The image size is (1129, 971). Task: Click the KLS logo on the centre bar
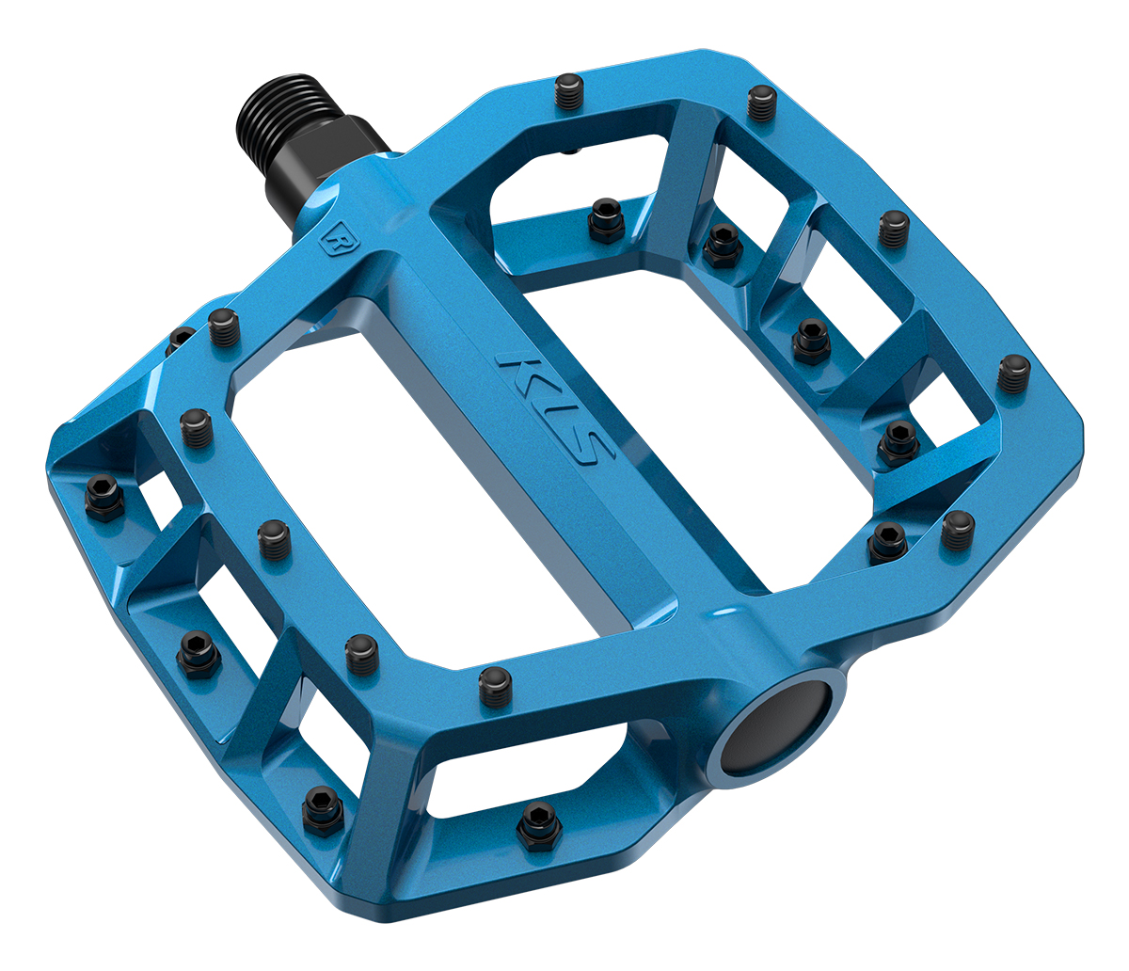tap(555, 409)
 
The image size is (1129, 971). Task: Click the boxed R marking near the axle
tap(333, 237)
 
